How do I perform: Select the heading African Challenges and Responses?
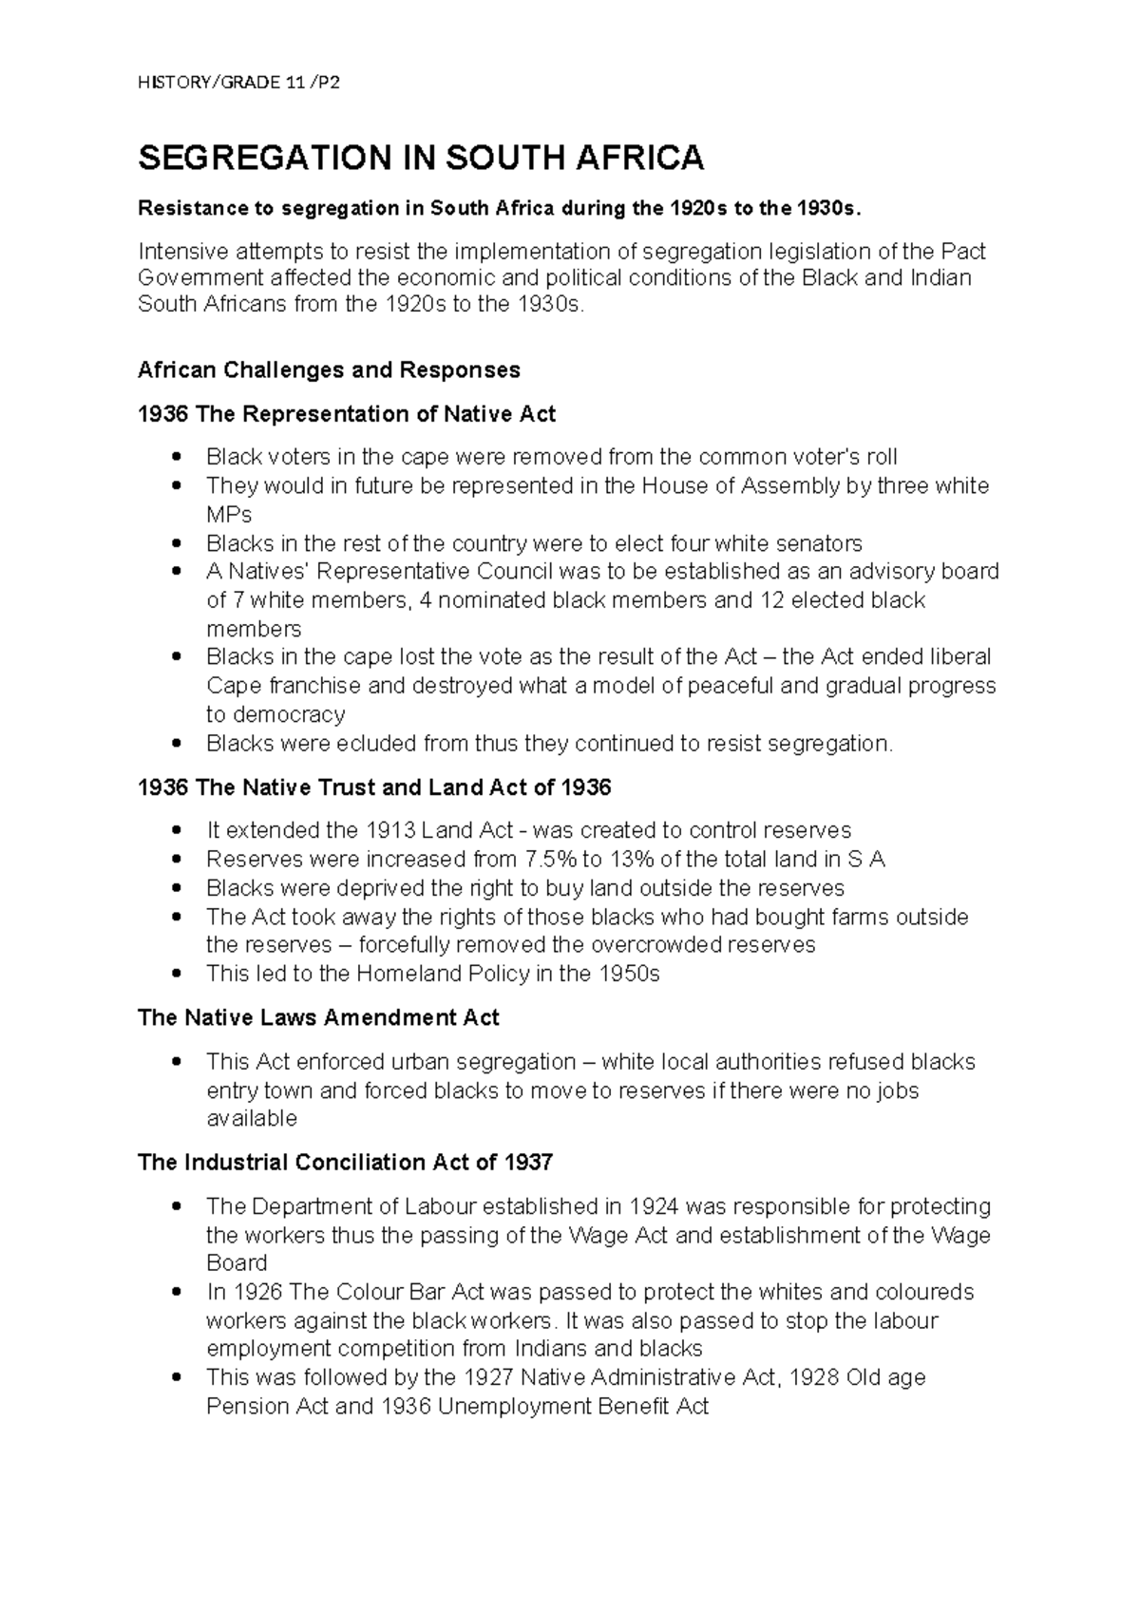point(329,370)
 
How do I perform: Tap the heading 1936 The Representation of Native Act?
point(346,414)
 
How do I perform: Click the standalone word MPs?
point(229,515)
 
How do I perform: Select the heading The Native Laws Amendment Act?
point(318,1018)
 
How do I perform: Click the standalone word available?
point(252,1118)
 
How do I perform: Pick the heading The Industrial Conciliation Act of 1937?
point(345,1163)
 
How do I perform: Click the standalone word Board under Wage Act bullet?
point(237,1262)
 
